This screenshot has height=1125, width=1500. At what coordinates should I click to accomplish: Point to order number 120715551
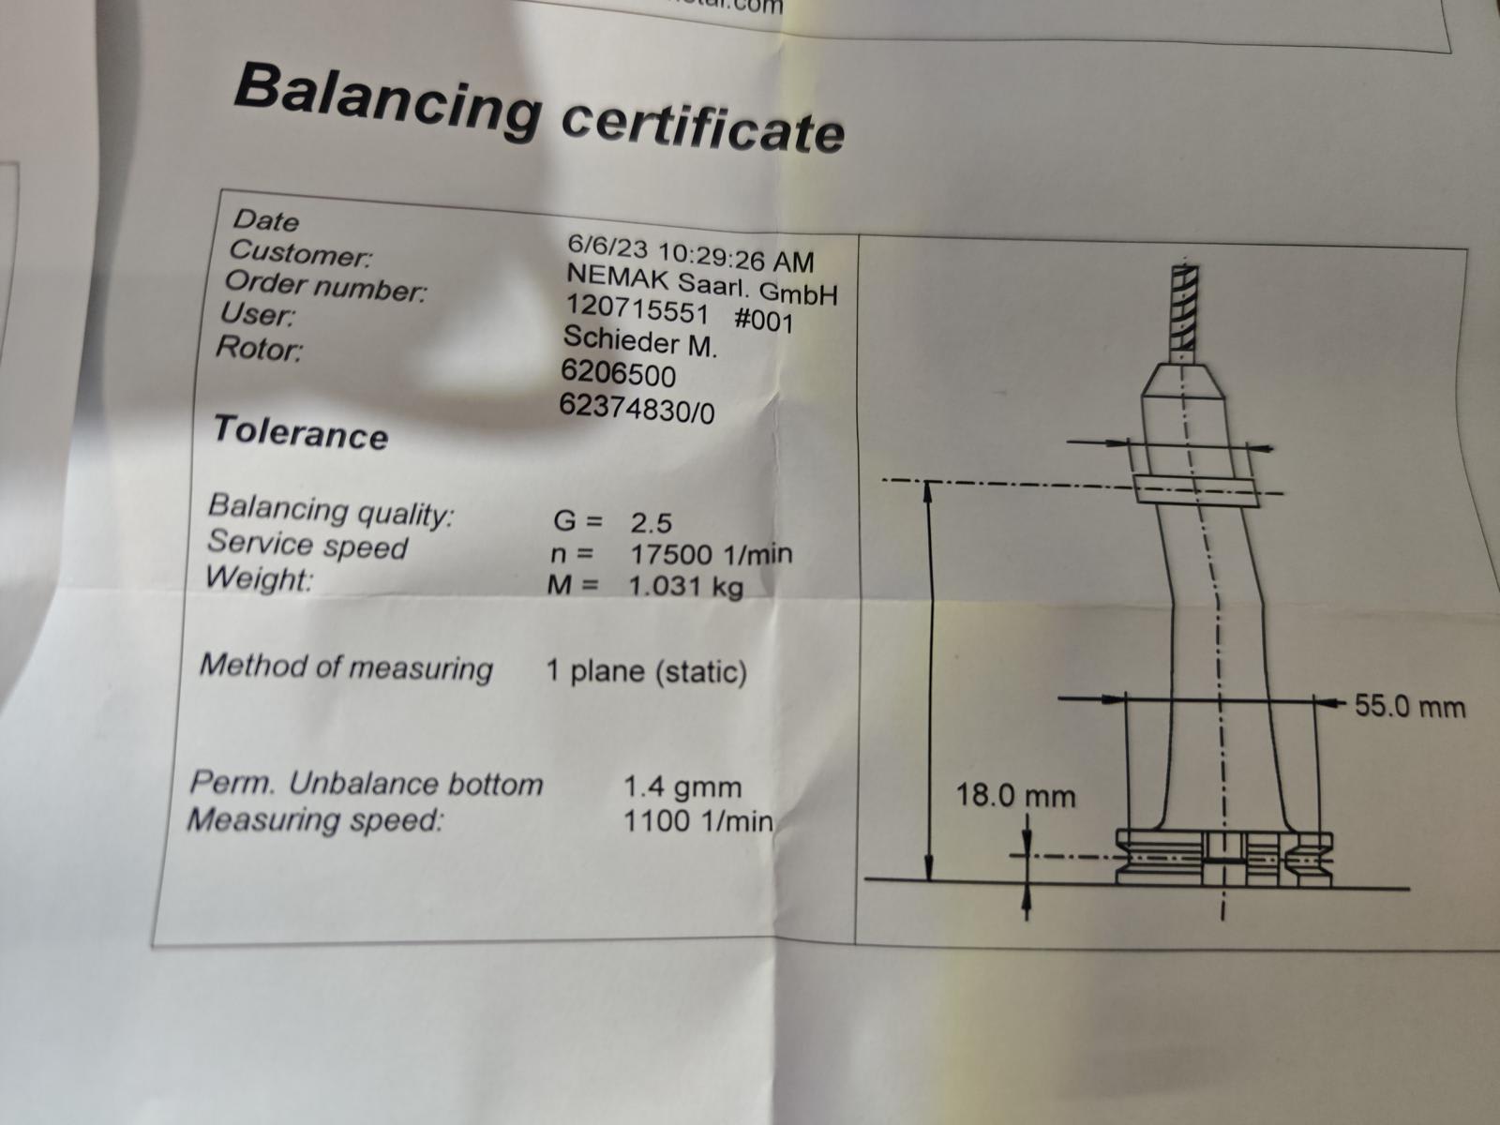637,309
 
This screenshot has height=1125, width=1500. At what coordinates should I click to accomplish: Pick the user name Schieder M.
639,341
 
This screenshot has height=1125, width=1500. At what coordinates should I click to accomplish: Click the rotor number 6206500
619,374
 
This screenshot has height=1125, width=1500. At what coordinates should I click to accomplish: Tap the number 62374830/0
637,409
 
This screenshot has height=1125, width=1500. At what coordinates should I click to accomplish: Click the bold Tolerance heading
301,432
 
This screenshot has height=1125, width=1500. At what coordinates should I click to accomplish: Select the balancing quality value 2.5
652,523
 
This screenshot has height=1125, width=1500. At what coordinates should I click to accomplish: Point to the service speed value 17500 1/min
711,554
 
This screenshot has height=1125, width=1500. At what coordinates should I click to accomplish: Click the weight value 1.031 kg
685,586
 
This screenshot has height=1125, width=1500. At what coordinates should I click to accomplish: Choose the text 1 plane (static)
647,671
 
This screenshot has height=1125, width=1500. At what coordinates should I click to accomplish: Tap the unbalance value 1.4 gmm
682,787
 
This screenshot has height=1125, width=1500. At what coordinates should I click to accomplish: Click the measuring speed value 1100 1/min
698,820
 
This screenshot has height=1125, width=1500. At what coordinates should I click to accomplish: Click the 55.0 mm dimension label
1411,706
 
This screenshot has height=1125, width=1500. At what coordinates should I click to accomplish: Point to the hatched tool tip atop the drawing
1184,308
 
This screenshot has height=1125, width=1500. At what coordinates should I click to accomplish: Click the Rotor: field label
259,349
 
